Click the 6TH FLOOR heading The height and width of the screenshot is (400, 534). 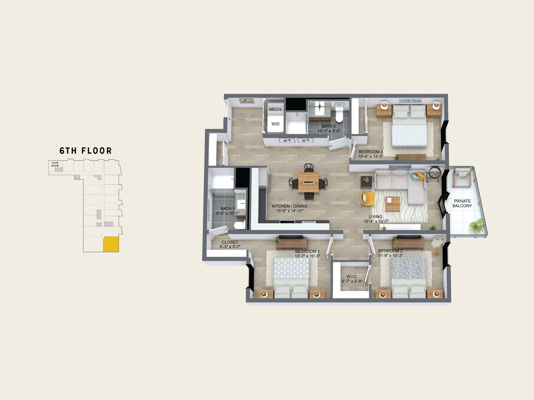pyautogui.click(x=86, y=151)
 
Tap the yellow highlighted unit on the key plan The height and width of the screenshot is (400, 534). pyautogui.click(x=111, y=244)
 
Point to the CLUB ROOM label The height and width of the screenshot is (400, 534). pyautogui.click(x=55, y=164)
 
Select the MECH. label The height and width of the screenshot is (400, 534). pyautogui.click(x=276, y=109)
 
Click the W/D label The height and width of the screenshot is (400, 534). pyautogui.click(x=276, y=124)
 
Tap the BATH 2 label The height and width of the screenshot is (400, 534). pyautogui.click(x=329, y=126)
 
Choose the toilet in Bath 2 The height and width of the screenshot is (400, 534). pyautogui.click(x=339, y=115)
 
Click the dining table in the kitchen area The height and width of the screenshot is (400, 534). pyautogui.click(x=308, y=182)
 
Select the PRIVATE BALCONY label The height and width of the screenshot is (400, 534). pyautogui.click(x=462, y=203)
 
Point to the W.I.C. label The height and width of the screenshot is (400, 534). pyautogui.click(x=352, y=277)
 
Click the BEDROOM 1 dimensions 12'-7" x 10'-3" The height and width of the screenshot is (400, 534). pyautogui.click(x=307, y=256)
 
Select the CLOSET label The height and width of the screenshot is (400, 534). pyautogui.click(x=230, y=242)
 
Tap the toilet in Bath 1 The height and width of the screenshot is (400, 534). pyautogui.click(x=239, y=225)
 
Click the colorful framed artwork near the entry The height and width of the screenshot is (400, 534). pyautogui.click(x=247, y=101)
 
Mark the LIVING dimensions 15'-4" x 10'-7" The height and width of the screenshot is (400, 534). pyautogui.click(x=376, y=221)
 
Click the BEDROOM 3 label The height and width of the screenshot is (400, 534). pyautogui.click(x=371, y=152)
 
